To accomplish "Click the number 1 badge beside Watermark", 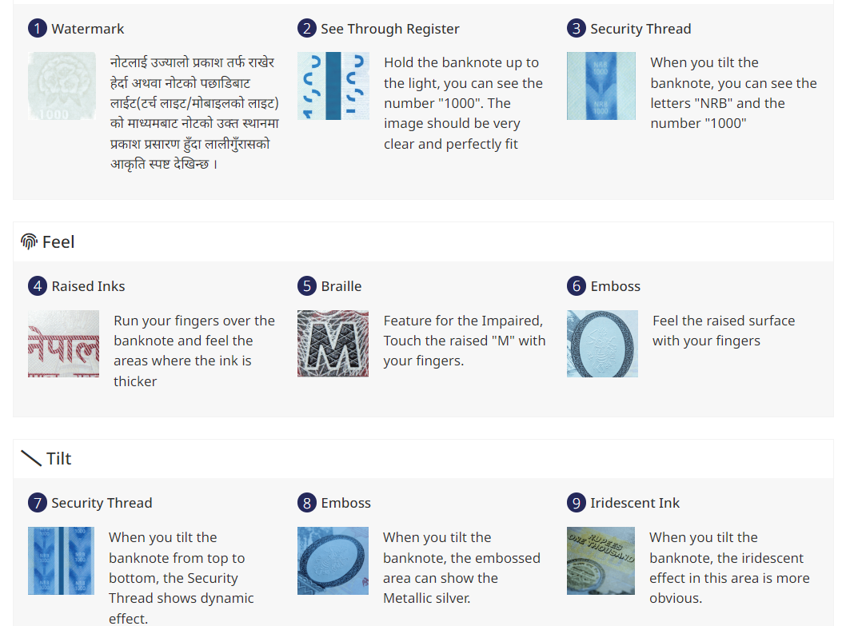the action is pyautogui.click(x=38, y=28).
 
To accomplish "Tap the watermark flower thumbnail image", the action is pyautogui.click(x=62, y=86).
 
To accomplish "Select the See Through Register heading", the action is pyautogui.click(x=390, y=29).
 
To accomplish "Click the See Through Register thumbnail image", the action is pyautogui.click(x=333, y=86).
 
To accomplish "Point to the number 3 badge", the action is pyautogui.click(x=577, y=28).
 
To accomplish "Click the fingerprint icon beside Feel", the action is pyautogui.click(x=29, y=241).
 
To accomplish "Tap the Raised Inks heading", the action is pyautogui.click(x=88, y=286).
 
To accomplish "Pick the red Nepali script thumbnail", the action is pyautogui.click(x=63, y=344).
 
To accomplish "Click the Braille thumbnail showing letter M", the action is pyautogui.click(x=333, y=344).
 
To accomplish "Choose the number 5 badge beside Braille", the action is pyautogui.click(x=306, y=285).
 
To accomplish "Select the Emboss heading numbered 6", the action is pyautogui.click(x=616, y=286).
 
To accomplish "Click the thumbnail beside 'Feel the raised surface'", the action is pyautogui.click(x=602, y=344).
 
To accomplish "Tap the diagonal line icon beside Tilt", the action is pyautogui.click(x=31, y=458).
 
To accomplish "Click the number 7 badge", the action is pyautogui.click(x=38, y=503).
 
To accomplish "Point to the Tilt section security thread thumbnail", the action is pyautogui.click(x=62, y=560).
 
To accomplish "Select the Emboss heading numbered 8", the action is pyautogui.click(x=345, y=503).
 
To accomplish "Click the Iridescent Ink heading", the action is pyautogui.click(x=635, y=503).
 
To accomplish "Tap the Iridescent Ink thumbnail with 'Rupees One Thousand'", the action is pyautogui.click(x=601, y=560).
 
